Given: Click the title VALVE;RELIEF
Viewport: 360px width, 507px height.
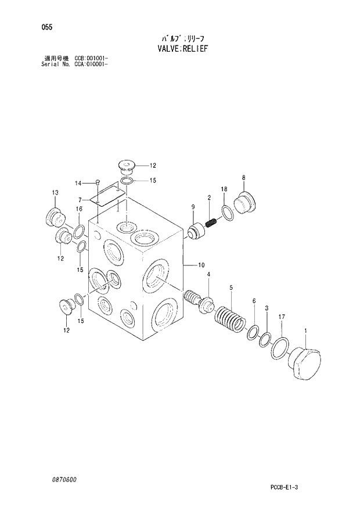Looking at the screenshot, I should click(x=182, y=48).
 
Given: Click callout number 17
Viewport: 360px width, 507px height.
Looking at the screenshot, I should click(x=281, y=317).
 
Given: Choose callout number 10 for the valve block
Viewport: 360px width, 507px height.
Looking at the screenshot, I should click(x=201, y=265).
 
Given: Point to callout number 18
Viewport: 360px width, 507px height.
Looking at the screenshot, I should click(x=224, y=189).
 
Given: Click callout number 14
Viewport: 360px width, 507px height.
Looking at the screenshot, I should click(x=78, y=184).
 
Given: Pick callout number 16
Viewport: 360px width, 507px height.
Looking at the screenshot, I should click(x=78, y=209).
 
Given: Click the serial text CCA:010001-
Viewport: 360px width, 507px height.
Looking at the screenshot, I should click(x=91, y=64).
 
